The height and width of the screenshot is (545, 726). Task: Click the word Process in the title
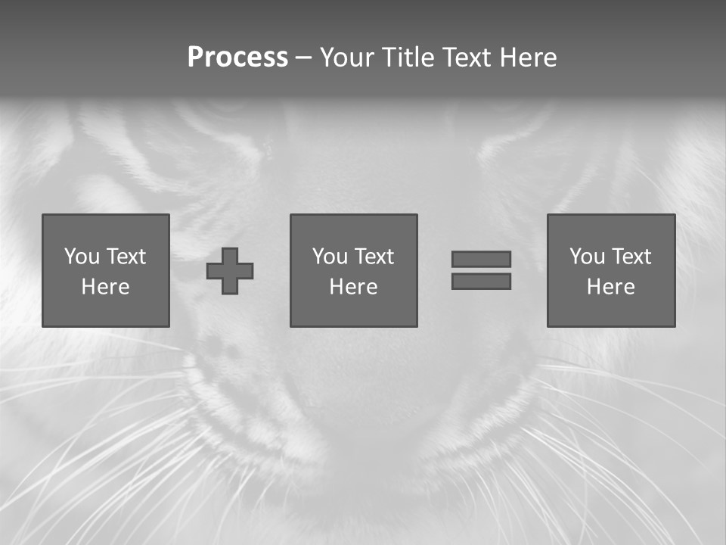point(237,58)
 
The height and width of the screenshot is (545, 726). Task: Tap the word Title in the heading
point(409,58)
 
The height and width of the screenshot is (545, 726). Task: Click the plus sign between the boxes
point(230,271)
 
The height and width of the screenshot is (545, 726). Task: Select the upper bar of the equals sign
point(481,259)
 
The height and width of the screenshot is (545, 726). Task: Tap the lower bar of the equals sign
point(481,282)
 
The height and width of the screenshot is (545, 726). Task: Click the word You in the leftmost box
point(82,257)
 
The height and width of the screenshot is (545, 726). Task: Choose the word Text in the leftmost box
point(126,257)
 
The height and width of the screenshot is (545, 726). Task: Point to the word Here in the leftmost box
point(105,287)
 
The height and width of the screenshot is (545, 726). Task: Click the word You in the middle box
point(330,257)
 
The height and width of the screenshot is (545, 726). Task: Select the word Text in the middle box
point(374,257)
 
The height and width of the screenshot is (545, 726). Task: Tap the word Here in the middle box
point(353,287)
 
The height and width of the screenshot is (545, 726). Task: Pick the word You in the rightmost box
point(587,257)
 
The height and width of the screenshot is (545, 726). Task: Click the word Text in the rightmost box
point(631,257)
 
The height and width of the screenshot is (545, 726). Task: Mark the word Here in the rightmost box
point(610,287)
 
